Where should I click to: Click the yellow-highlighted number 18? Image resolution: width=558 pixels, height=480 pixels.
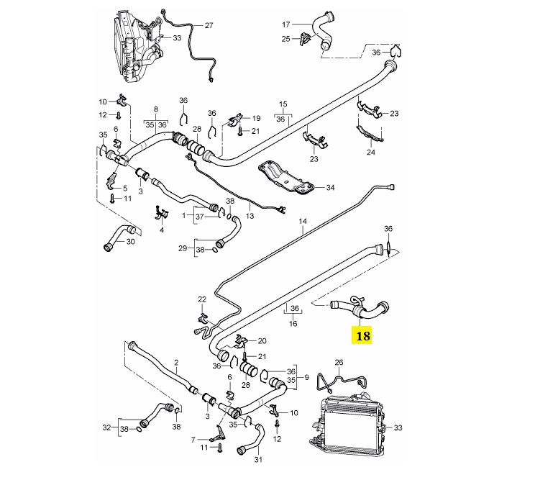pyautogui.click(x=362, y=335)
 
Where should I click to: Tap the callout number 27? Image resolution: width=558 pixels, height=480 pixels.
pyautogui.click(x=209, y=25)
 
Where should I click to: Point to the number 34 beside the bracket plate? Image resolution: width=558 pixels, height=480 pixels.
pyautogui.click(x=331, y=189)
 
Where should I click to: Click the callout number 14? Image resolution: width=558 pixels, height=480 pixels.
pyautogui.click(x=303, y=223)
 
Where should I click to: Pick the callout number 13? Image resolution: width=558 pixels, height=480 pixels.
pyautogui.click(x=250, y=215)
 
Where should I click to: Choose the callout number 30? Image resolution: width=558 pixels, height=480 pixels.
pyautogui.click(x=130, y=242)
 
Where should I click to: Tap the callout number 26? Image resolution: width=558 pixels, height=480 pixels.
pyautogui.click(x=339, y=362)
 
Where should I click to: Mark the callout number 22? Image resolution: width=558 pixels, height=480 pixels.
pyautogui.click(x=202, y=299)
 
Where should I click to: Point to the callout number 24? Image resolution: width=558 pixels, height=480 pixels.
pyautogui.click(x=372, y=152)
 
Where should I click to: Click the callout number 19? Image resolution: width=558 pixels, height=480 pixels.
pyautogui.click(x=256, y=117)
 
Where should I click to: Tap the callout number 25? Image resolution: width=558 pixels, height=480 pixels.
pyautogui.click(x=285, y=38)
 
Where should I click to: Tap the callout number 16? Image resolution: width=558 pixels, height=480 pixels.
pyautogui.click(x=293, y=324)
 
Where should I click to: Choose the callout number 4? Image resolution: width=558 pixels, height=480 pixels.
pyautogui.click(x=162, y=230)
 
